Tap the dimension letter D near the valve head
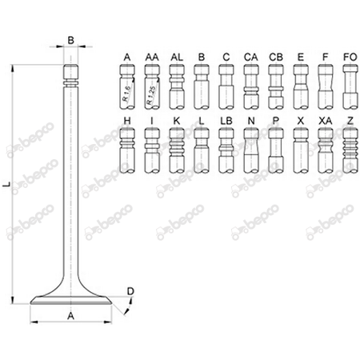click(131, 290)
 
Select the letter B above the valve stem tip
click(71, 38)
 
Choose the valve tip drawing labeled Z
click(349, 154)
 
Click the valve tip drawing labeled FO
click(350, 88)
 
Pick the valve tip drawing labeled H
click(127, 154)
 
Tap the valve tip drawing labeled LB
click(226, 154)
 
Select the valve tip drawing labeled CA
click(250, 88)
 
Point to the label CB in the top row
click(275, 57)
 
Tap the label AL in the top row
click(177, 57)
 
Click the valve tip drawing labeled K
click(177, 154)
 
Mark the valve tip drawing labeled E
click(300, 88)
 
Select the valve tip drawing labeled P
click(275, 154)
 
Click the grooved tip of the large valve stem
click(71, 76)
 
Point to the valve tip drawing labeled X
click(300, 154)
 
